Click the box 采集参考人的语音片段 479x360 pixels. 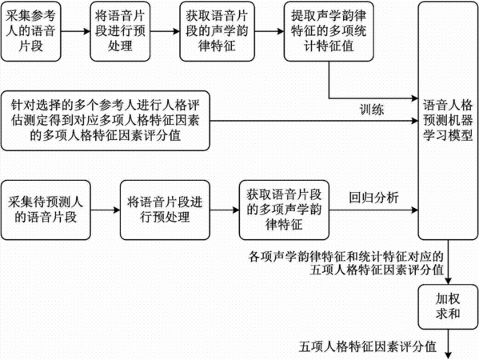(x=31, y=31)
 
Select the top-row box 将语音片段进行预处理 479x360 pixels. (x=120, y=31)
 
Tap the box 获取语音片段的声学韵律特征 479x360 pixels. (x=217, y=31)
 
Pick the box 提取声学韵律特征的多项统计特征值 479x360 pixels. (x=329, y=31)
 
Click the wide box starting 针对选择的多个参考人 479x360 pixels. (x=106, y=121)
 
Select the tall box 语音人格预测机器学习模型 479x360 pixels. (x=448, y=121)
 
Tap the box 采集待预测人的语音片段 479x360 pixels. (x=46, y=210)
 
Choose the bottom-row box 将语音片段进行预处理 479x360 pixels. (x=165, y=210)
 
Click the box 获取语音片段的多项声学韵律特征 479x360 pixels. (x=284, y=210)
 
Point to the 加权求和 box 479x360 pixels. (x=448, y=307)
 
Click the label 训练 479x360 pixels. (x=372, y=110)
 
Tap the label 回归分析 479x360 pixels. (x=373, y=198)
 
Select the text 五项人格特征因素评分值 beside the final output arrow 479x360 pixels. (x=368, y=346)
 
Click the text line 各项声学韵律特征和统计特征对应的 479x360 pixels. (x=345, y=257)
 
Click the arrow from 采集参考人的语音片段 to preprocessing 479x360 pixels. (x=75, y=31)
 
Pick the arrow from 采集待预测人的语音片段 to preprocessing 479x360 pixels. (x=106, y=210)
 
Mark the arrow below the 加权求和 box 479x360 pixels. (x=448, y=344)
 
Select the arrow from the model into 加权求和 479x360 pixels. (x=448, y=262)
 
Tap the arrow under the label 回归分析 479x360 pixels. (x=373, y=210)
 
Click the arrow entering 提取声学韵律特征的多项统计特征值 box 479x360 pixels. (x=269, y=31)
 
